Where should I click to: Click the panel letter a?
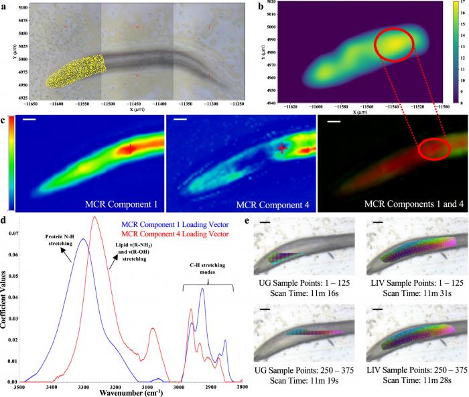pos(5,5)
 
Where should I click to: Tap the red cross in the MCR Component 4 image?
pos(284,147)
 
